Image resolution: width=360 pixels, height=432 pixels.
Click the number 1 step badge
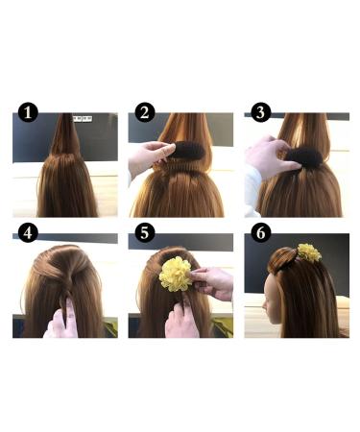pos(28,113)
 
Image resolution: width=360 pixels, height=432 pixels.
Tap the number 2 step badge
pos(144,113)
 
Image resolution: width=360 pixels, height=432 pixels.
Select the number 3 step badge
pos(260,113)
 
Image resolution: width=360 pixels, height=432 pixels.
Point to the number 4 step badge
pos(28,233)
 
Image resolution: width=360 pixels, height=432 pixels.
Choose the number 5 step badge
pos(144,233)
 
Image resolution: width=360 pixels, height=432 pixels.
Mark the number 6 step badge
pos(260,233)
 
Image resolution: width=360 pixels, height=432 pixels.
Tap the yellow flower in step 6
pos(308,252)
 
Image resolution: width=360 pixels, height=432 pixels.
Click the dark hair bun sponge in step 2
pos(181,151)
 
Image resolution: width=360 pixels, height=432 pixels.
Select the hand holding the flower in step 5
pos(213,283)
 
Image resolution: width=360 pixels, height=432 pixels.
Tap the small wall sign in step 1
pos(83,118)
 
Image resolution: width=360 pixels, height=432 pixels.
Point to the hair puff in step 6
pos(285,256)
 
